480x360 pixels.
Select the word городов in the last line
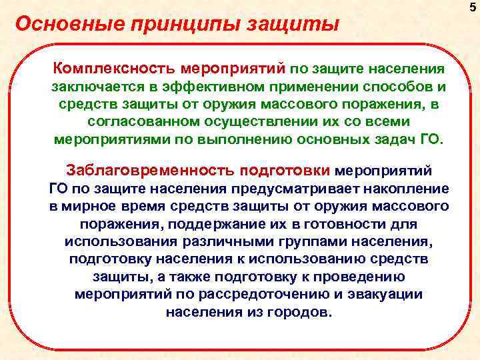[296, 312]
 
